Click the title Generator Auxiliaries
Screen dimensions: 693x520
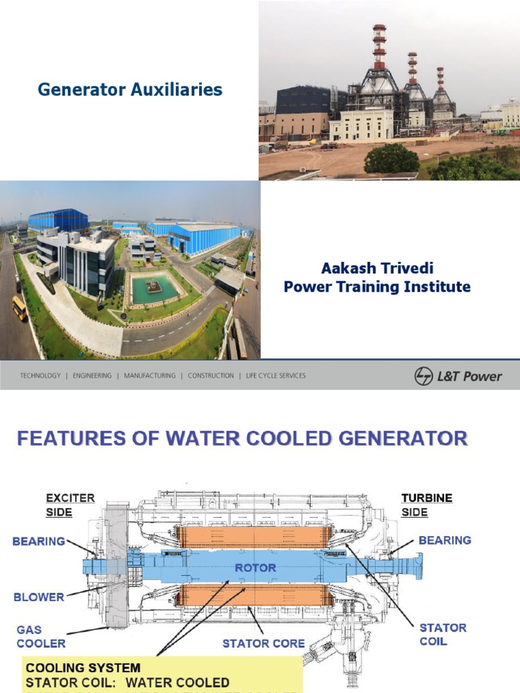point(130,89)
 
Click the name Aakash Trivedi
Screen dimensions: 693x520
point(376,269)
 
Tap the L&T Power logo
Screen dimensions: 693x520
point(458,376)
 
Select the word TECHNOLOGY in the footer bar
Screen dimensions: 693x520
point(40,376)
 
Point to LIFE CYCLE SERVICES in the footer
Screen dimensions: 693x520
point(276,376)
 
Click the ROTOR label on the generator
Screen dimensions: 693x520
point(255,567)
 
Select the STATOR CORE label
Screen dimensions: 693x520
point(264,643)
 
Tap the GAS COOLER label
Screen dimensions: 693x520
point(41,636)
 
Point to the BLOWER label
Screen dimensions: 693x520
point(39,597)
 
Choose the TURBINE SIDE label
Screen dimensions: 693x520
point(427,505)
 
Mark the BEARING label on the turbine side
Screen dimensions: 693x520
point(445,540)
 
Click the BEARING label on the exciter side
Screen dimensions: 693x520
point(39,541)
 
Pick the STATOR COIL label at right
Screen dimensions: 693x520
point(443,634)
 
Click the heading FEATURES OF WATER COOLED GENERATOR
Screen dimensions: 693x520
point(242,439)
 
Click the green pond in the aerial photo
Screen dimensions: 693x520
point(154,290)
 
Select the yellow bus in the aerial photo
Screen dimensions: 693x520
point(20,308)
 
